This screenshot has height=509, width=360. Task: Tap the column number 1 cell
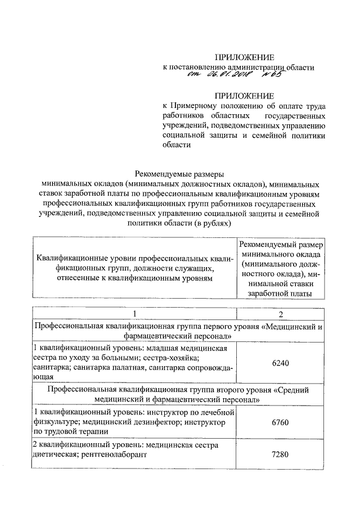(x=134, y=313)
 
